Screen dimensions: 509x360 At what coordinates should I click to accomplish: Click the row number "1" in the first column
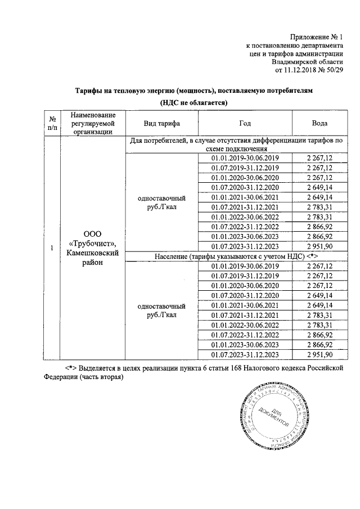(52, 248)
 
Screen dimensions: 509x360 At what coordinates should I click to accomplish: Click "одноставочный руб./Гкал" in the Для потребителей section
(162, 202)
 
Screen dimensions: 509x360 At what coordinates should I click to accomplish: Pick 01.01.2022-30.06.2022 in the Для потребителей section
(245, 217)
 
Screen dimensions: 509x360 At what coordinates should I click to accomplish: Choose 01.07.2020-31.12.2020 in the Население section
(245, 295)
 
